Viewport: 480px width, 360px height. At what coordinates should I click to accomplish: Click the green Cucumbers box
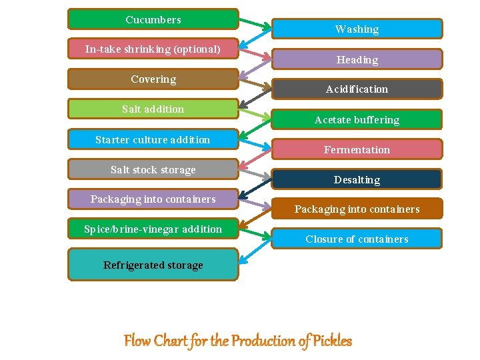click(x=153, y=19)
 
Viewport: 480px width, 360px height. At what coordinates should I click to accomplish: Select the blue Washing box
click(x=357, y=29)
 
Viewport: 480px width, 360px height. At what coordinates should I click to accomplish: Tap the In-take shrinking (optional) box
click(x=153, y=49)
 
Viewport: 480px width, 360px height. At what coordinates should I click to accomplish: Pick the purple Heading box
click(x=357, y=59)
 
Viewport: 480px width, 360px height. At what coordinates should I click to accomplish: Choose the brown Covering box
click(x=153, y=79)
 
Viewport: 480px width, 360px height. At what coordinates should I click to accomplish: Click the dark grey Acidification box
click(x=357, y=89)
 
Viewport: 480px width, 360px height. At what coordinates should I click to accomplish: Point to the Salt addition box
click(x=153, y=109)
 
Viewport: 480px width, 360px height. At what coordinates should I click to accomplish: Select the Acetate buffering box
click(x=357, y=119)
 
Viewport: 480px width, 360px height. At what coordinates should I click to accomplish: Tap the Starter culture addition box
click(x=153, y=139)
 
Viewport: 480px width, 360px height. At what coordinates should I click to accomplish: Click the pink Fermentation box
click(x=357, y=149)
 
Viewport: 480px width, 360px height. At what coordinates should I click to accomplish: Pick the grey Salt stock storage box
click(x=153, y=169)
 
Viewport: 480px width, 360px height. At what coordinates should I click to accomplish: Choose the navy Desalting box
click(x=357, y=179)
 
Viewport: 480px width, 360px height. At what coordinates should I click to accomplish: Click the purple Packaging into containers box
click(x=153, y=199)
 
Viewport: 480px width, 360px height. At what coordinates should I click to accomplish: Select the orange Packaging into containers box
click(x=357, y=209)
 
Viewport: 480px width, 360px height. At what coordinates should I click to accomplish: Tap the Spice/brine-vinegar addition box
click(x=153, y=229)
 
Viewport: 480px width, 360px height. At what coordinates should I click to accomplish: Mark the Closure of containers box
click(x=357, y=239)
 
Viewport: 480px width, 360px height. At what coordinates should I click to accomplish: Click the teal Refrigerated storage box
click(x=153, y=265)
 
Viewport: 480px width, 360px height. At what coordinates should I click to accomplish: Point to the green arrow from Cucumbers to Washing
click(x=255, y=23)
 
